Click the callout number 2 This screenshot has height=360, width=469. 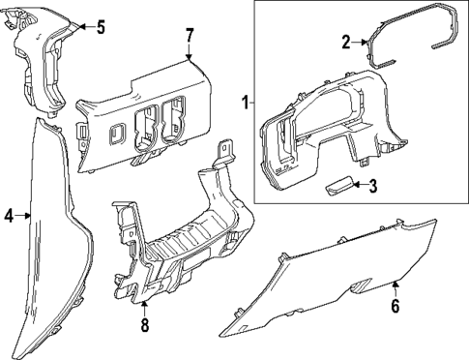click(345, 42)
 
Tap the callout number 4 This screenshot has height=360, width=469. click(9, 217)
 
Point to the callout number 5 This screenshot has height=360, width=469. click(101, 26)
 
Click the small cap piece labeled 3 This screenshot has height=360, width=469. click(338, 187)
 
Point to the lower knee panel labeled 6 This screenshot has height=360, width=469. click(338, 271)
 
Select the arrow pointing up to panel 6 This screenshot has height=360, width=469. click(396, 288)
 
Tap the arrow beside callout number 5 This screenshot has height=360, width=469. click(83, 26)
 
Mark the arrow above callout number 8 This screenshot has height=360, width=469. click(144, 307)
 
